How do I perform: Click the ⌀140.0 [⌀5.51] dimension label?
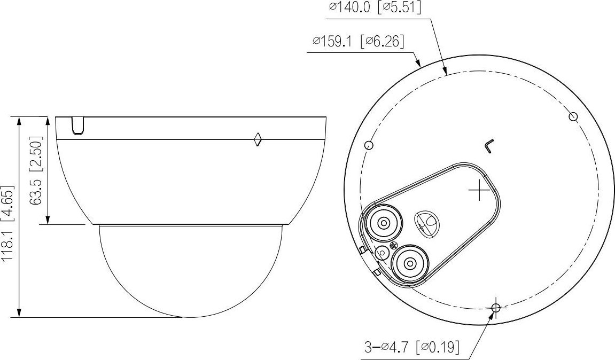tap(375, 7)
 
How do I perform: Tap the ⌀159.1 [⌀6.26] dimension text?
tap(358, 41)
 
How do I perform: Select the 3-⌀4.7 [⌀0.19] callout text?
tap(412, 347)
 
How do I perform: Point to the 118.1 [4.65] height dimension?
tap(7, 224)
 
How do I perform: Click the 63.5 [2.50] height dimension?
tap(36, 170)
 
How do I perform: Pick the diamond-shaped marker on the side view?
tap(258, 139)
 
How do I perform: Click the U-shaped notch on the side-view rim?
tap(77, 126)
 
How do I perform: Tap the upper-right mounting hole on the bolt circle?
tap(573, 116)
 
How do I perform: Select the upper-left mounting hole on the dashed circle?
tap(369, 145)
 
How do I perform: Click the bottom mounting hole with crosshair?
tap(496, 308)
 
